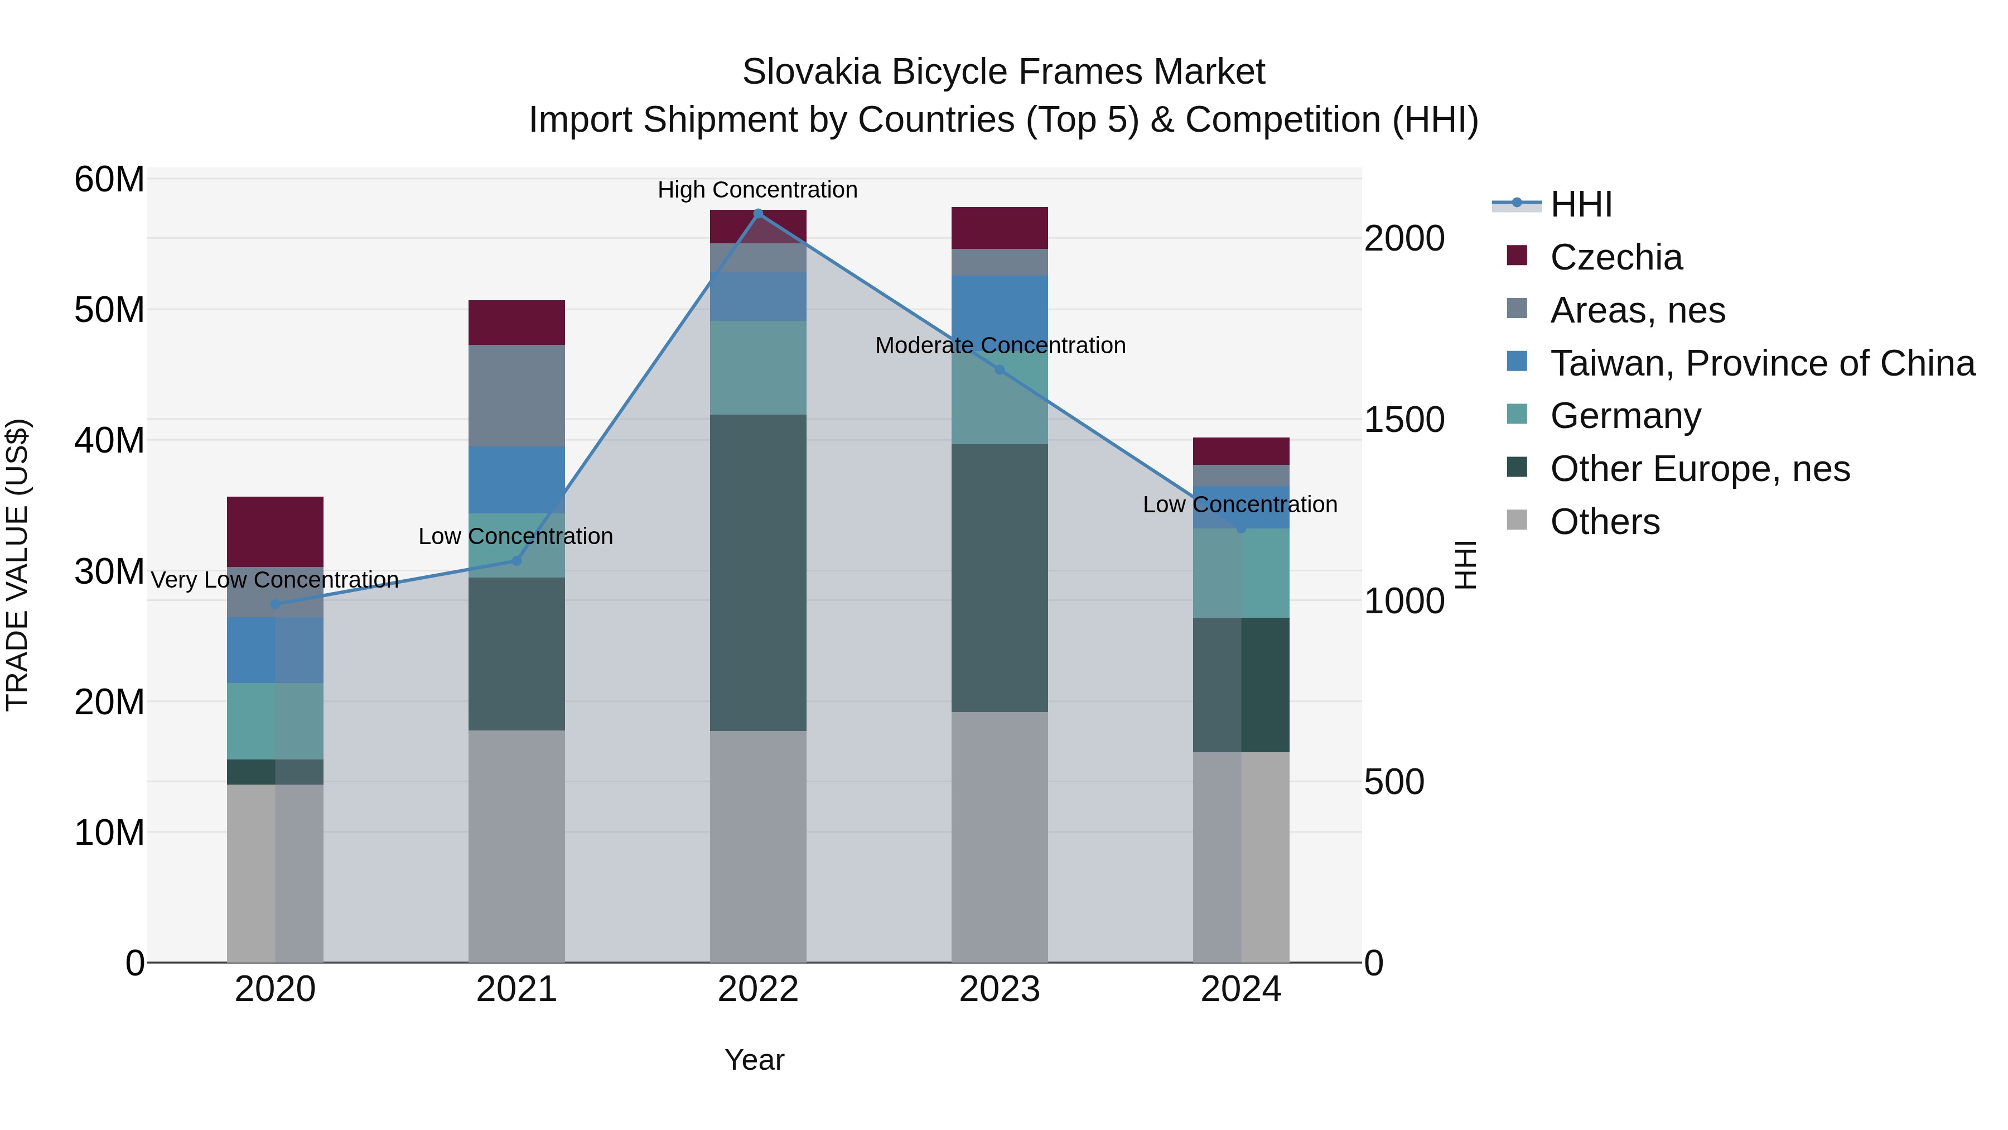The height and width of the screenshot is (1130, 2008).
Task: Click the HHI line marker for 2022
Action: (x=757, y=214)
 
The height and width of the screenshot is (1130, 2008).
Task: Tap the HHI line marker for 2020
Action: (x=274, y=604)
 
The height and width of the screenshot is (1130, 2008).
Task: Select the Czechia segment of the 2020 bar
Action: (x=274, y=531)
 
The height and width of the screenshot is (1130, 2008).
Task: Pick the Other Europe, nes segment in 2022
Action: (x=757, y=573)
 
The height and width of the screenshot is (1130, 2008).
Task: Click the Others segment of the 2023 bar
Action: (x=1000, y=837)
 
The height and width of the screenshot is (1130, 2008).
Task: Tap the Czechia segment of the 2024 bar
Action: (x=1241, y=451)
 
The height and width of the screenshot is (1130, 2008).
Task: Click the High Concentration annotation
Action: (x=757, y=190)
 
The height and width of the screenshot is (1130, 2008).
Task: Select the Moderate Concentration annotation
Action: (x=1000, y=345)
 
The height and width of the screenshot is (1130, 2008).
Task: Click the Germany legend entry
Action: (x=1625, y=416)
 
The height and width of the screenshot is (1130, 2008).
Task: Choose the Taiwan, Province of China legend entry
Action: (x=1761, y=363)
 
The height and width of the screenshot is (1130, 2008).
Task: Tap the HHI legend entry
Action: (x=1580, y=204)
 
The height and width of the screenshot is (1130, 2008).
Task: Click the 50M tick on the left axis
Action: (x=109, y=310)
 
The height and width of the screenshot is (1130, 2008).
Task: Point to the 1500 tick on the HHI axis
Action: (x=1404, y=420)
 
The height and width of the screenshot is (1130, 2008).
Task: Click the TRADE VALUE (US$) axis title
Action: (x=17, y=565)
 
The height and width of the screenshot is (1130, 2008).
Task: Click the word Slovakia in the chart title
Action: (x=810, y=72)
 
